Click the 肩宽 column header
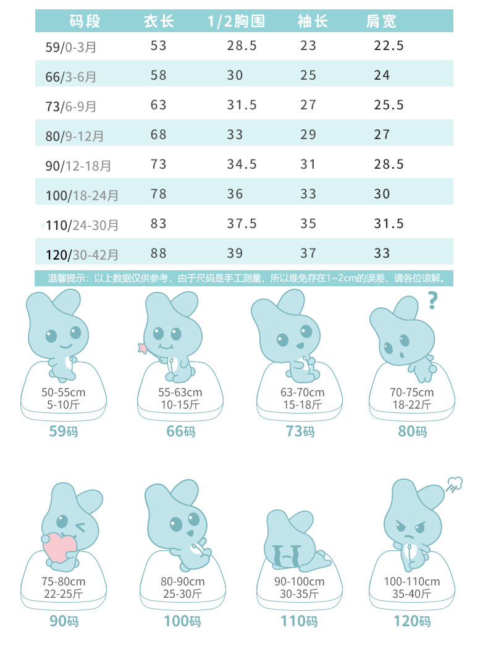[x=381, y=22]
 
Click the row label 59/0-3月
[x=71, y=46]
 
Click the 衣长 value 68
[x=159, y=134]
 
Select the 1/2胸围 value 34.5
[x=242, y=164]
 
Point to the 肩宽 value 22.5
[x=389, y=45]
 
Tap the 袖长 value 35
[x=308, y=224]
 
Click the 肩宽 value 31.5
[x=389, y=224]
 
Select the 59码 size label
[x=64, y=432]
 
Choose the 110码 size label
[x=299, y=621]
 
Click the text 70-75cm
[x=411, y=393]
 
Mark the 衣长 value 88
[x=159, y=253]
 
